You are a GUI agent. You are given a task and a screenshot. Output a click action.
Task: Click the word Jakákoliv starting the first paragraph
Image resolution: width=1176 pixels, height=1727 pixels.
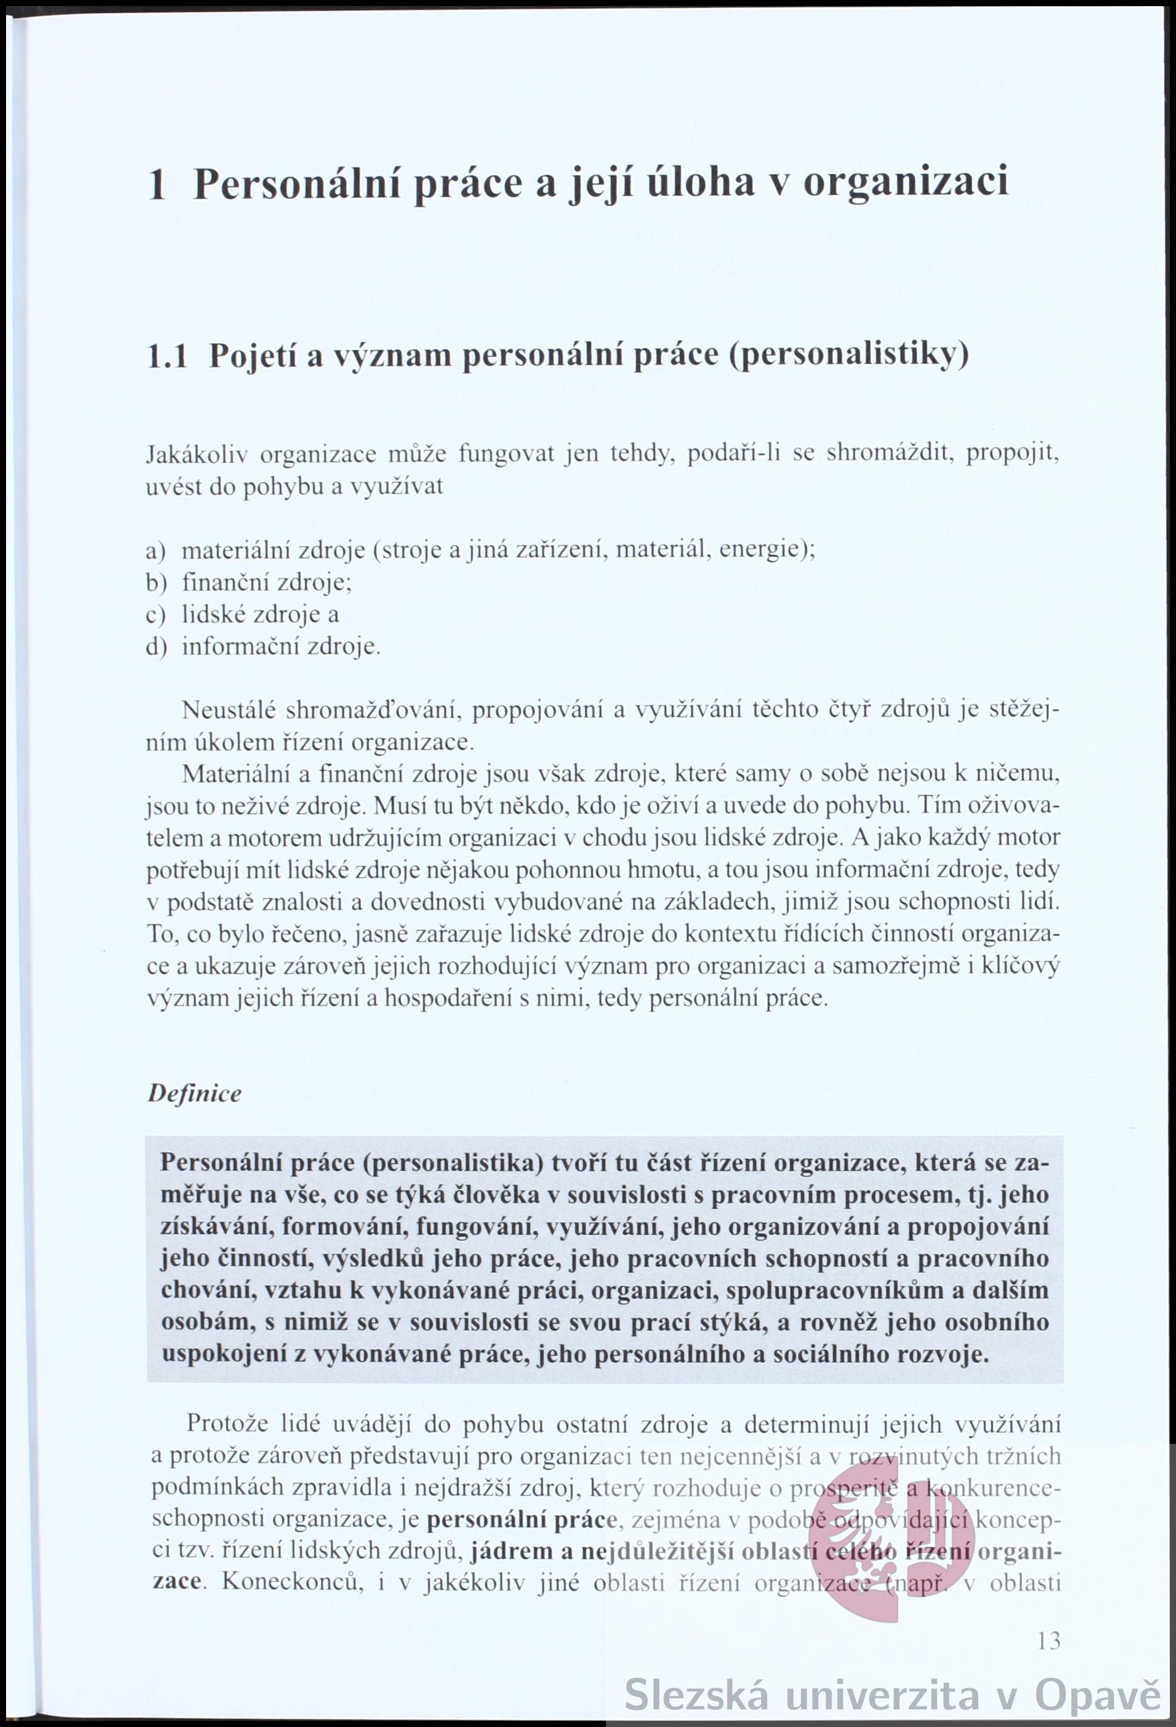click(197, 454)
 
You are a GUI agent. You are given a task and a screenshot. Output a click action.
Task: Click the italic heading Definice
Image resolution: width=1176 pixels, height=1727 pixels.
click(195, 1093)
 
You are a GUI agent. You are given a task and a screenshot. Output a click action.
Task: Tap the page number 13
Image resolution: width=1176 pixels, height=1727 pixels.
click(1048, 1640)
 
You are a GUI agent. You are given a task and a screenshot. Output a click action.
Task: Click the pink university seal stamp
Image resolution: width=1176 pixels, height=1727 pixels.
click(890, 1544)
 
